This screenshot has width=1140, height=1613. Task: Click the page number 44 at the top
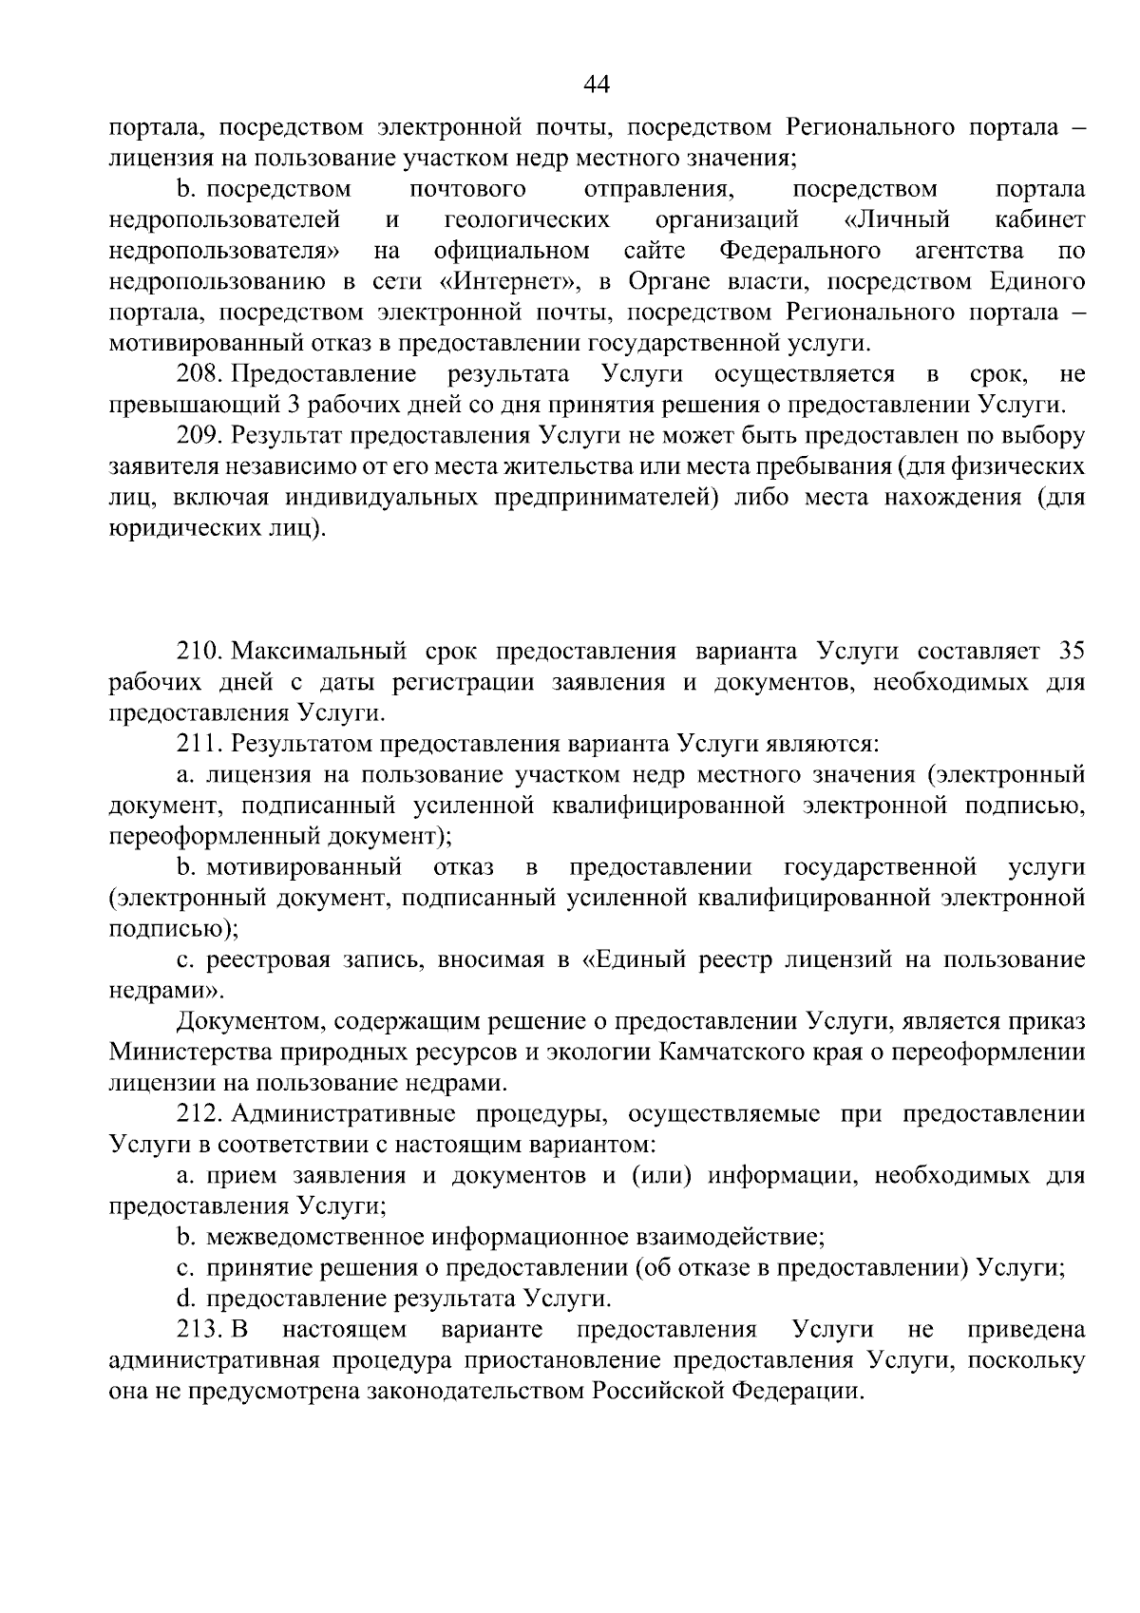click(x=596, y=85)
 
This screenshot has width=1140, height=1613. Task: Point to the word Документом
click(x=247, y=1021)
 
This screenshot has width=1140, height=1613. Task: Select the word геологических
click(x=527, y=220)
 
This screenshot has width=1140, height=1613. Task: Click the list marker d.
click(x=185, y=1299)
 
